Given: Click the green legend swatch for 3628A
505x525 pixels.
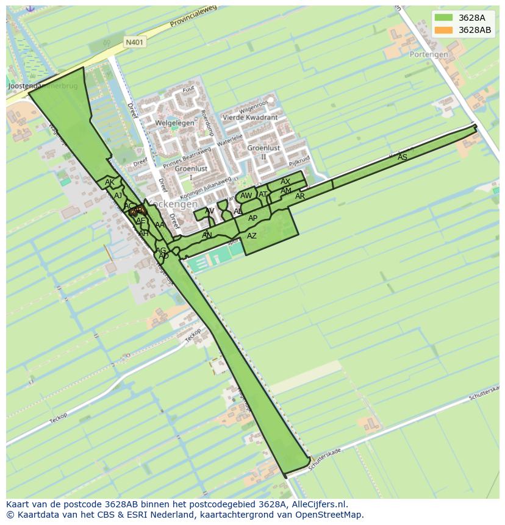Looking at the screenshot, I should (x=443, y=18).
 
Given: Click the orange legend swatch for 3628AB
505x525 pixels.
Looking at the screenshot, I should (x=443, y=30).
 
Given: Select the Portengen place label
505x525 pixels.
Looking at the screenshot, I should (x=428, y=54).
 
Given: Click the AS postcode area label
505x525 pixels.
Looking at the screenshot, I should (x=402, y=157).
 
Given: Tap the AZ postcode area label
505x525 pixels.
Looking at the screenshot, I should (x=252, y=236).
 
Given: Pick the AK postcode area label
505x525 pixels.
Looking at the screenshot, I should (x=110, y=182).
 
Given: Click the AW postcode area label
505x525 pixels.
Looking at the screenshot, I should (x=246, y=196).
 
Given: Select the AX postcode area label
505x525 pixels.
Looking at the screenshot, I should (x=285, y=182).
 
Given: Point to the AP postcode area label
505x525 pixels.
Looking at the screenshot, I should (x=253, y=218).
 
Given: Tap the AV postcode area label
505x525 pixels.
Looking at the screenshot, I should (x=210, y=212).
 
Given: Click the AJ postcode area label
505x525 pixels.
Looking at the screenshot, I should (x=118, y=195).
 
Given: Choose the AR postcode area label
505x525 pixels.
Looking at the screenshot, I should (x=299, y=196).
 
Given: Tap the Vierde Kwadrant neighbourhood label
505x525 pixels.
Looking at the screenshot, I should (x=250, y=118).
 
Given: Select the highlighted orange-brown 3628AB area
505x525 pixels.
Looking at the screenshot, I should (x=135, y=212).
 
